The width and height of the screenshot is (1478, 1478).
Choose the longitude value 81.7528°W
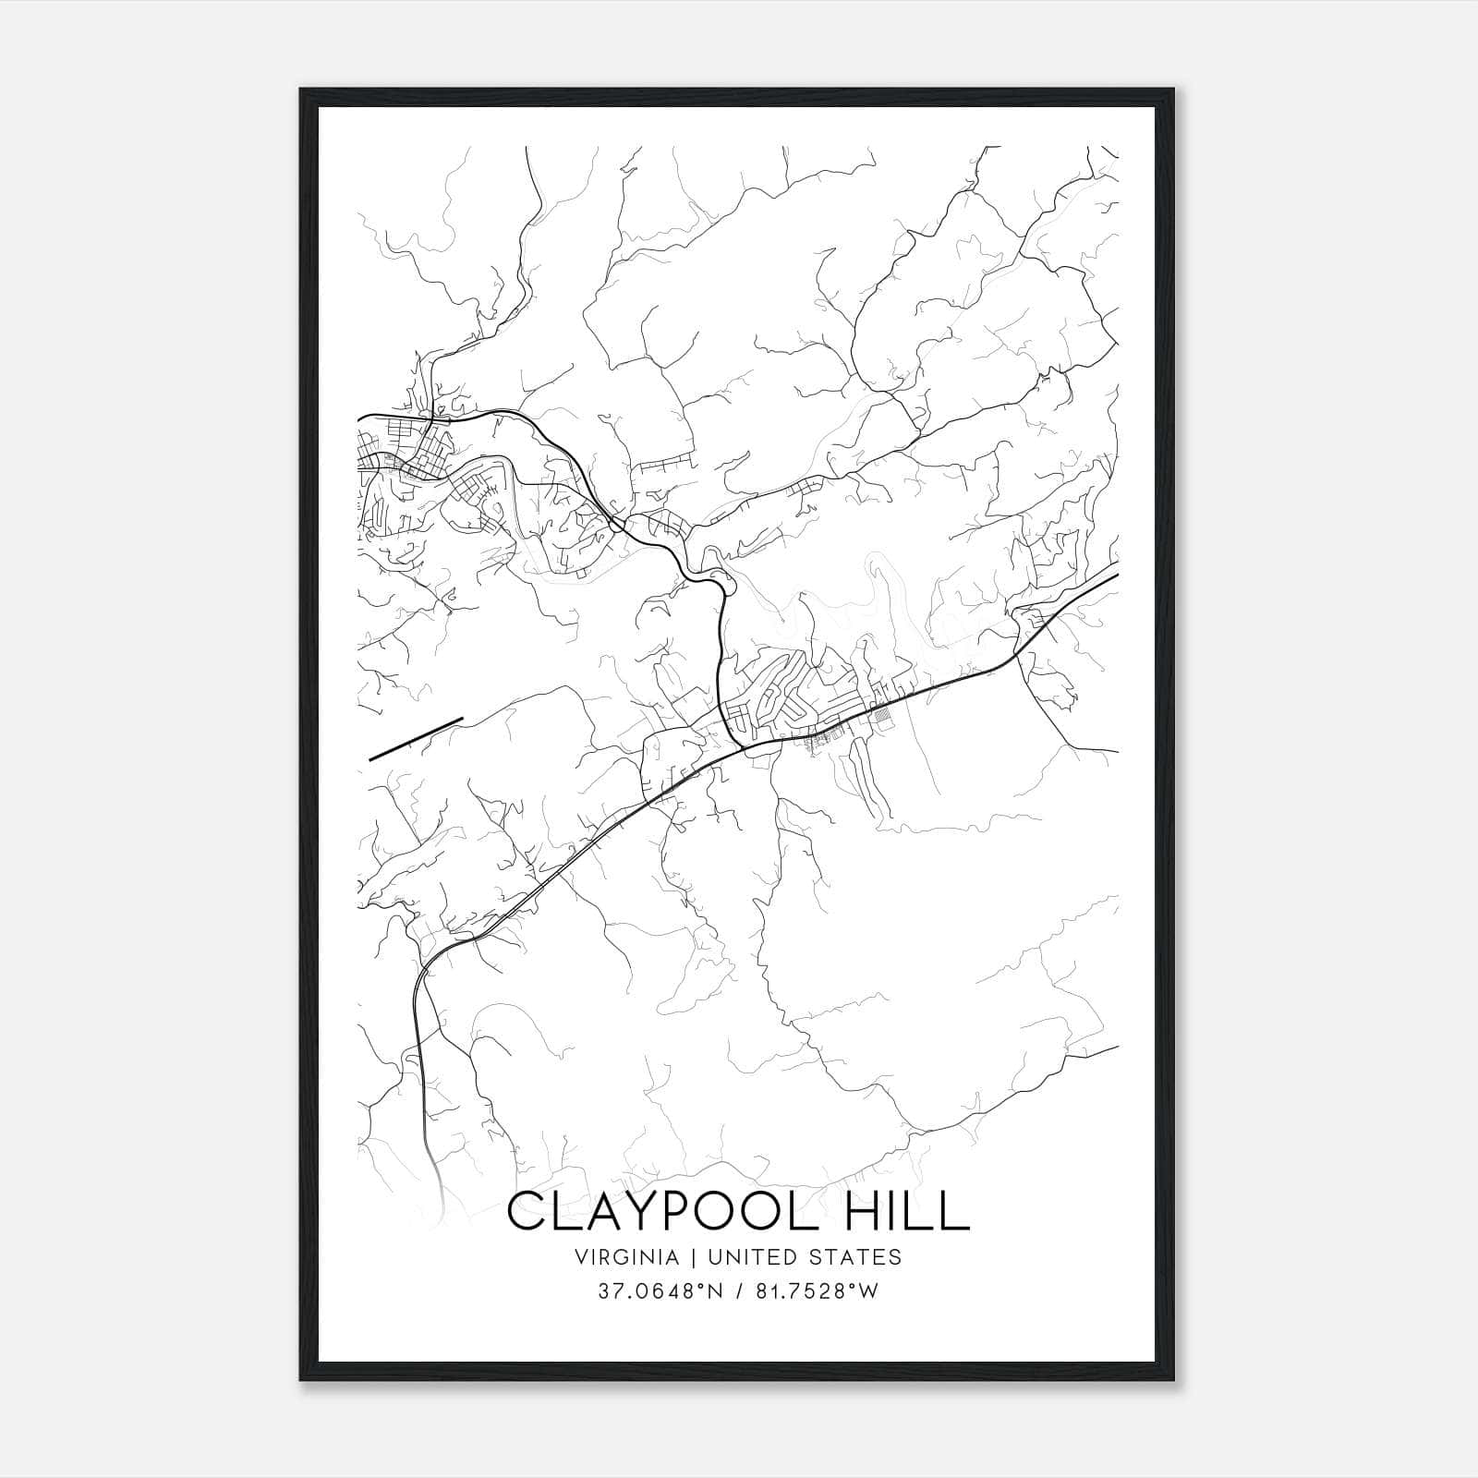[813, 1291]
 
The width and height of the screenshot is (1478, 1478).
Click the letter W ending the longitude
[868, 1291]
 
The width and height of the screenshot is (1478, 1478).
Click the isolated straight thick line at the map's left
[416, 738]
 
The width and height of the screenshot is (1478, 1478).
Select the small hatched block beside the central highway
[884, 714]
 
